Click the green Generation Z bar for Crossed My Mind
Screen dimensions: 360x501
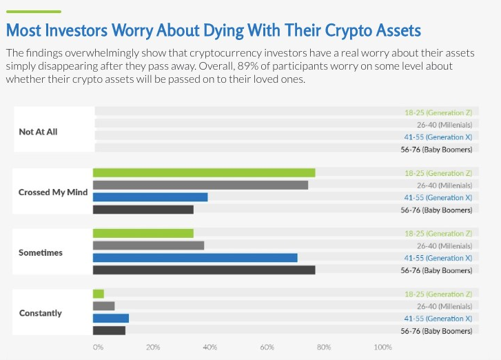pyautogui.click(x=204, y=173)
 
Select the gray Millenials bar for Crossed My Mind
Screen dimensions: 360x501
pyautogui.click(x=200, y=185)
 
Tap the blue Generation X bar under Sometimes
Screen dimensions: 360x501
pyautogui.click(x=195, y=258)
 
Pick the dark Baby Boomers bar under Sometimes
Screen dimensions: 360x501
pyautogui.click(x=204, y=270)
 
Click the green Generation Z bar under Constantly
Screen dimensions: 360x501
pyautogui.click(x=99, y=294)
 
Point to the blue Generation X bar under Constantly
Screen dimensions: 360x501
pyautogui.click(x=111, y=319)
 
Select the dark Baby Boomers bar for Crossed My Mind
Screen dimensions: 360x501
pyautogui.click(x=143, y=209)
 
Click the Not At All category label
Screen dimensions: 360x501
pyautogui.click(x=38, y=131)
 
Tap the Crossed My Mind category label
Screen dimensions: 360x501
pyautogui.click(x=52, y=192)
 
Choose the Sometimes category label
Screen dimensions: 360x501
pyautogui.click(x=41, y=252)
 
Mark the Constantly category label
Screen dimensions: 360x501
pyautogui.click(x=41, y=313)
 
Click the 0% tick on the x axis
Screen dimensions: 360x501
pyautogui.click(x=98, y=347)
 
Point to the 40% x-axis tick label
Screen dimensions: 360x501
pyautogui.click(x=210, y=347)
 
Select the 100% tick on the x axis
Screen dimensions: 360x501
pyautogui.click(x=382, y=347)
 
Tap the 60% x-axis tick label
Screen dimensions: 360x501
pyautogui.click(x=267, y=347)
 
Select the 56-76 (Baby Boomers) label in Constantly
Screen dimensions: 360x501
pyautogui.click(x=436, y=331)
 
